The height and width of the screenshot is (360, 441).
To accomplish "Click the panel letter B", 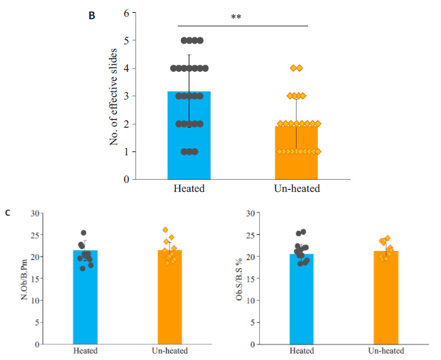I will (x=92, y=15).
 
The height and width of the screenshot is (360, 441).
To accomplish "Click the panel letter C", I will (x=7, y=211).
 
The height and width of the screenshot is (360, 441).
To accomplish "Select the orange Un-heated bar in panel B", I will (x=296, y=154).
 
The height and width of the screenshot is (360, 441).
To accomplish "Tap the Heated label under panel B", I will (x=189, y=189).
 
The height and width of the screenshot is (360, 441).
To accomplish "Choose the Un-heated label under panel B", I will (x=296, y=189).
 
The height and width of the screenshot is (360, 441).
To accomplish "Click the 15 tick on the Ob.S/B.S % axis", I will (x=253, y=279).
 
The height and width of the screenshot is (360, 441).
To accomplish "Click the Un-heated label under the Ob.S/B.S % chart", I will (x=386, y=351).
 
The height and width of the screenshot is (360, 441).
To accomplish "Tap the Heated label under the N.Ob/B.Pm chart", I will (x=85, y=351).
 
